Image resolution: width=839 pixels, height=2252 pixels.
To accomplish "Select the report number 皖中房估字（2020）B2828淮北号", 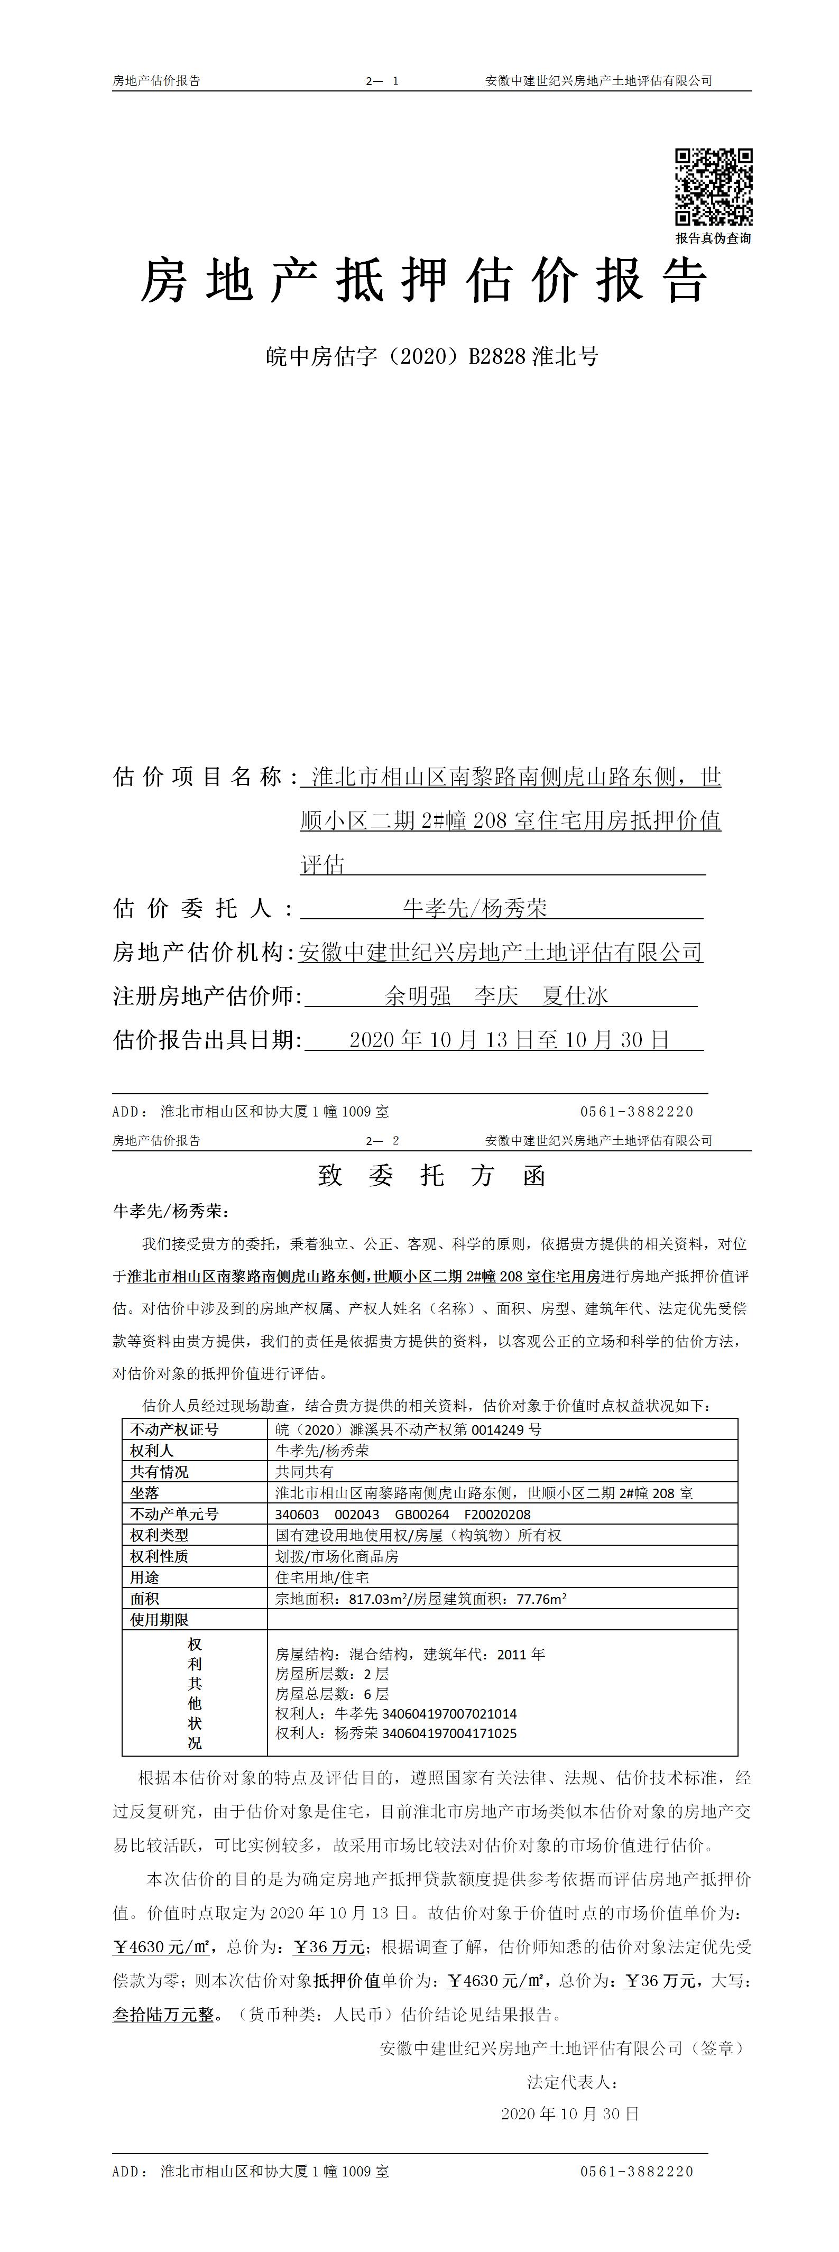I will [432, 357].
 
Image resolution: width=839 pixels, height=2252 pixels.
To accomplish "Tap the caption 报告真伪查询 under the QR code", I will [713, 238].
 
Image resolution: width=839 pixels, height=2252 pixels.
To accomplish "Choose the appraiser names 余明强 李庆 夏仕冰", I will [496, 996].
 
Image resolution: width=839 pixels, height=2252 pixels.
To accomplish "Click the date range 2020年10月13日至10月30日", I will [509, 1039].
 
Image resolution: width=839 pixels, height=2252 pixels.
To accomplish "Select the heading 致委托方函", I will [432, 1176].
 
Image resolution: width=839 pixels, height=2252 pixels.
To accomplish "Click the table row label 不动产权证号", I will [175, 1429].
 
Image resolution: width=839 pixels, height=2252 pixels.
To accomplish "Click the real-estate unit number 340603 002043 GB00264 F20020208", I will [403, 1514].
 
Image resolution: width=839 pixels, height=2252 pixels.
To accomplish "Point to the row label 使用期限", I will [160, 1620].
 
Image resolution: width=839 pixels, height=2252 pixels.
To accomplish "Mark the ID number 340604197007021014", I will [435, 1713].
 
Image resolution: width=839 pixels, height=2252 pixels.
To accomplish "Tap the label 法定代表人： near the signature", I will [573, 2082].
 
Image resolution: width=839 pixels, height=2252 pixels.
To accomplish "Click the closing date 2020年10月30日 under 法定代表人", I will [570, 2114].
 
